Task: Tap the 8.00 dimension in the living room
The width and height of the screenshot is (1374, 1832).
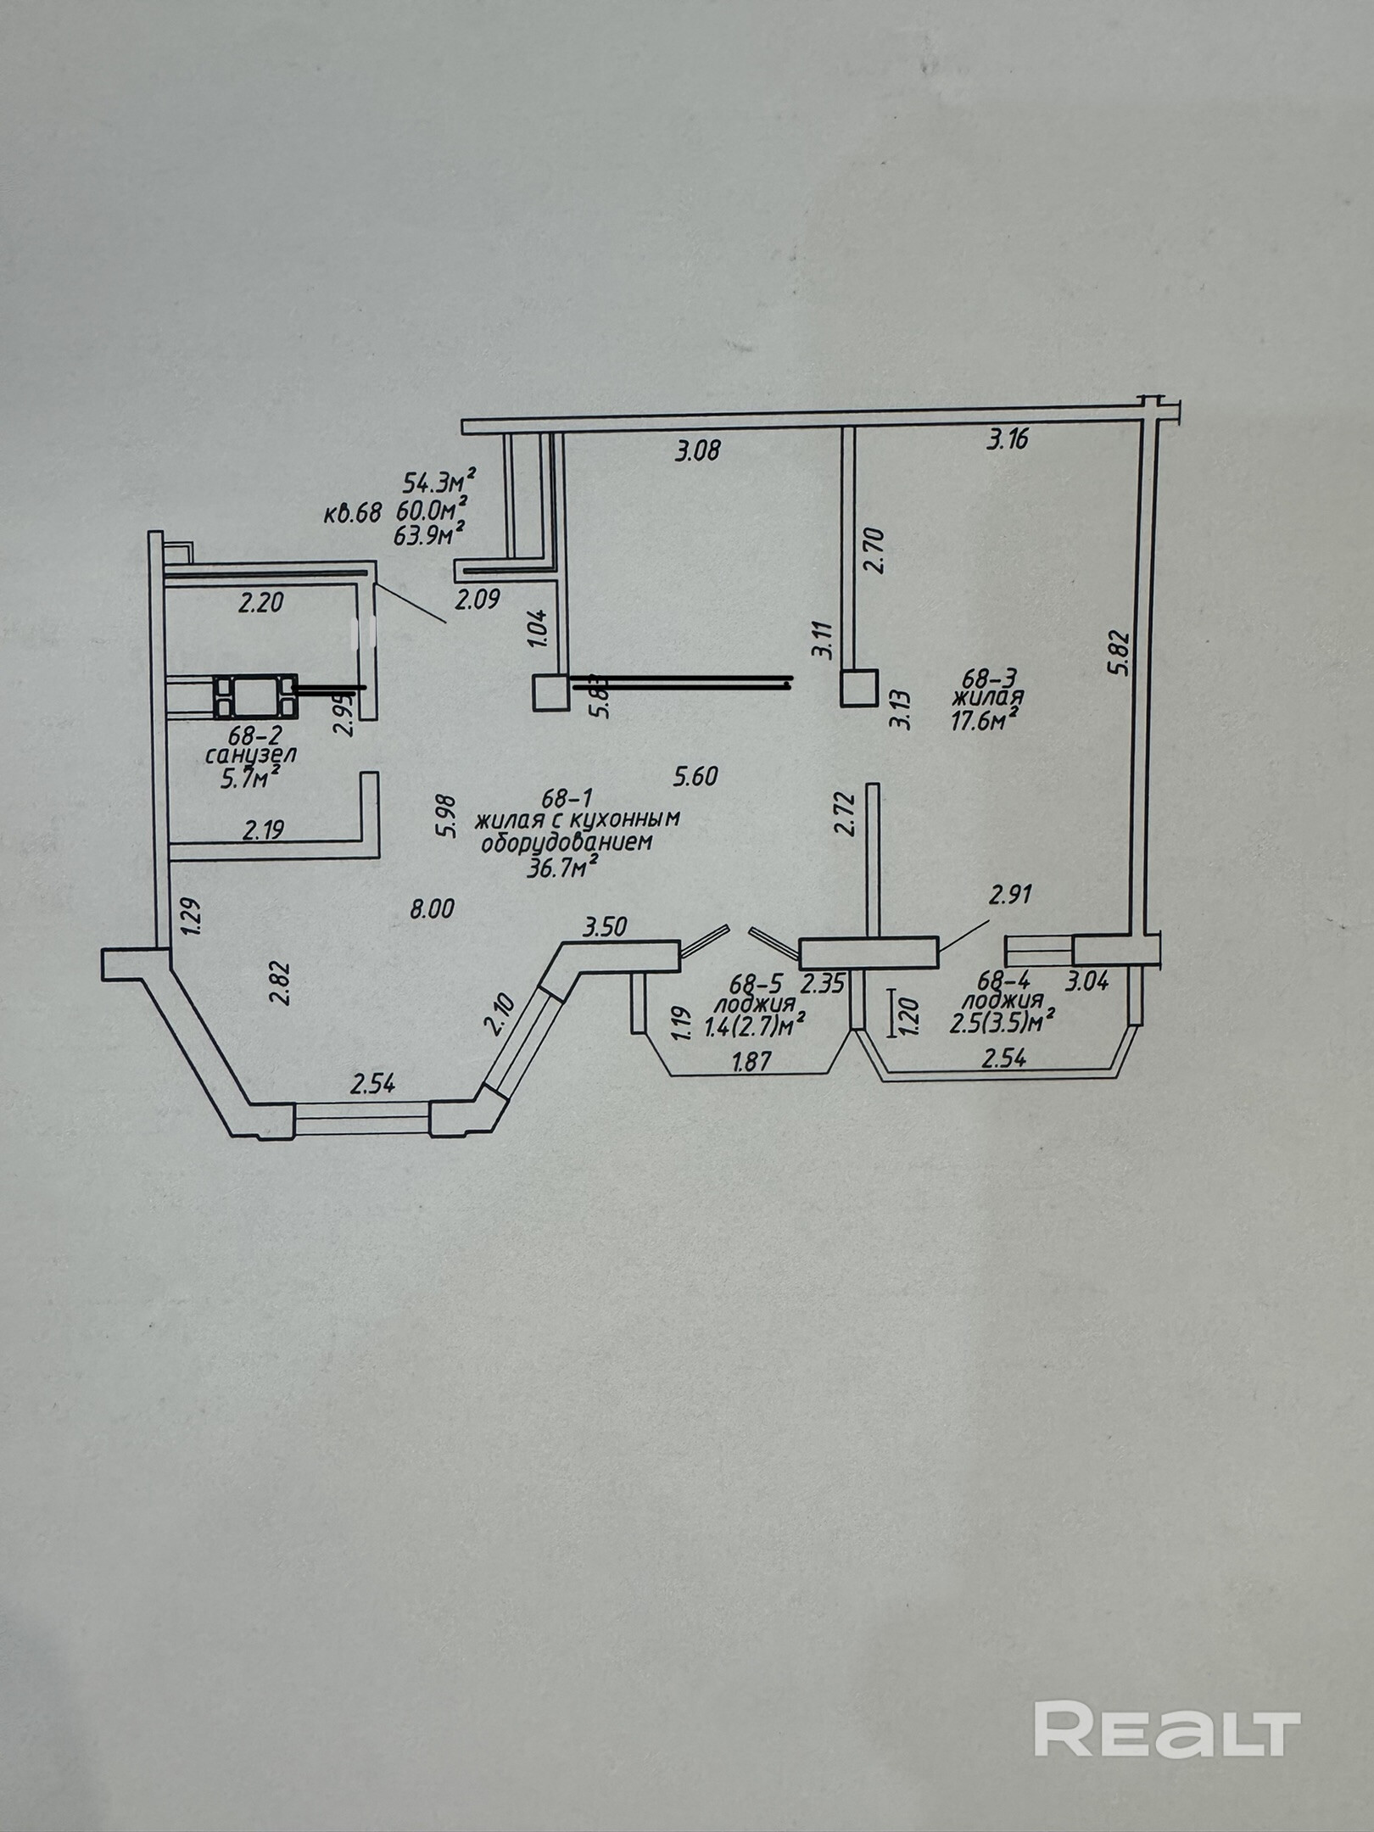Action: tap(432, 909)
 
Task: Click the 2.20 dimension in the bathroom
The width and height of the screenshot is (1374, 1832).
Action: tap(260, 604)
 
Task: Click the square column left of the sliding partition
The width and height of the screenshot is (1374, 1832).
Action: tap(550, 691)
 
